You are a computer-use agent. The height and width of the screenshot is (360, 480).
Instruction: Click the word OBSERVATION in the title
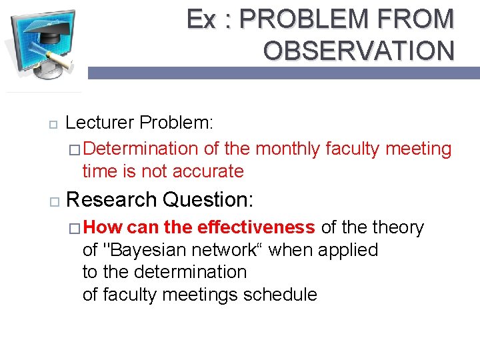coord(359,50)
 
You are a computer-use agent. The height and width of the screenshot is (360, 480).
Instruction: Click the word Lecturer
coord(101,123)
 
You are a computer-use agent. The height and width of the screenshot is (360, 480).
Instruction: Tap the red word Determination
coord(141,149)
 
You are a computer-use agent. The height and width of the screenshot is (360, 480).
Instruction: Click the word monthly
coord(288,149)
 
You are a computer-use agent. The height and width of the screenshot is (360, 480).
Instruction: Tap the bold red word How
coord(104,227)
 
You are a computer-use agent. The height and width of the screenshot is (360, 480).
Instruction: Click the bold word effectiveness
coord(255,227)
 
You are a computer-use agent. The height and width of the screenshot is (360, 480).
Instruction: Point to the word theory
coord(398,227)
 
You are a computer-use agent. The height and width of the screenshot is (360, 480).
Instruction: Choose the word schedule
coord(281,294)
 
